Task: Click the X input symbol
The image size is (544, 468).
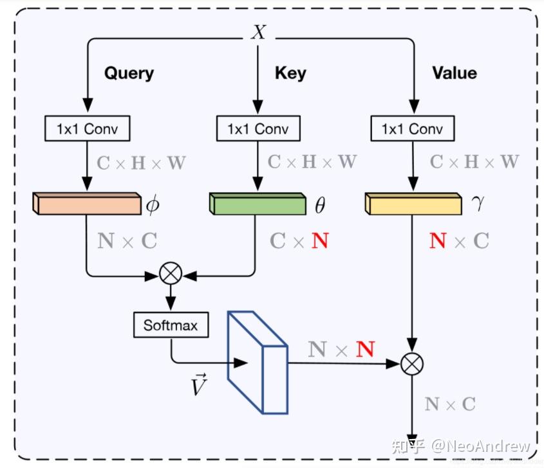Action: tap(258, 32)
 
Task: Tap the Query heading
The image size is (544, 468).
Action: tap(129, 73)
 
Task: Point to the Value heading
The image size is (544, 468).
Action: tap(454, 73)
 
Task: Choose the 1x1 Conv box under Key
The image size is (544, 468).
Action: tap(258, 129)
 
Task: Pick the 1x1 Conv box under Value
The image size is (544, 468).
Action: tap(412, 129)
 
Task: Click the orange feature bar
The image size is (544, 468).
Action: tap(86, 204)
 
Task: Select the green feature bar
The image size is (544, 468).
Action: tap(258, 204)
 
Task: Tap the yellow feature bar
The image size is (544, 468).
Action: tap(413, 204)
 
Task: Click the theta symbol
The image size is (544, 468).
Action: tap(319, 206)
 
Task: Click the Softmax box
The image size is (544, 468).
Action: tap(171, 325)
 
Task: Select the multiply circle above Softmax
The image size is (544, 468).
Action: tap(171, 274)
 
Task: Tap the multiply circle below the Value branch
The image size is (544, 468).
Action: tap(412, 364)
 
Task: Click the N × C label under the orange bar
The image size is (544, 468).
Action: tap(127, 241)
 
